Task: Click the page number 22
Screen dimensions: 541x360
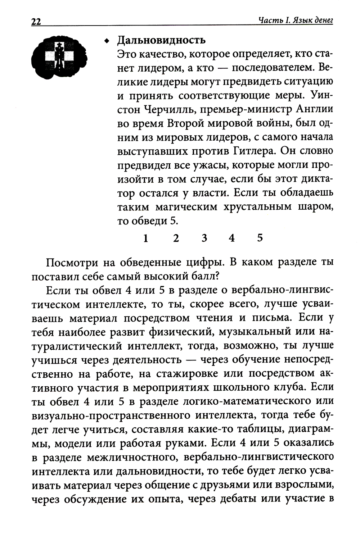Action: [36, 22]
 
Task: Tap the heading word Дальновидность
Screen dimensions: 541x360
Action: [161, 40]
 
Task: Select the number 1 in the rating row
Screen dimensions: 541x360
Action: [145, 238]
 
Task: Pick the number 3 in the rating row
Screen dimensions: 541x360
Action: [204, 238]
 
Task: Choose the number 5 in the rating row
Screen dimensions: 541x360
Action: [260, 238]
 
